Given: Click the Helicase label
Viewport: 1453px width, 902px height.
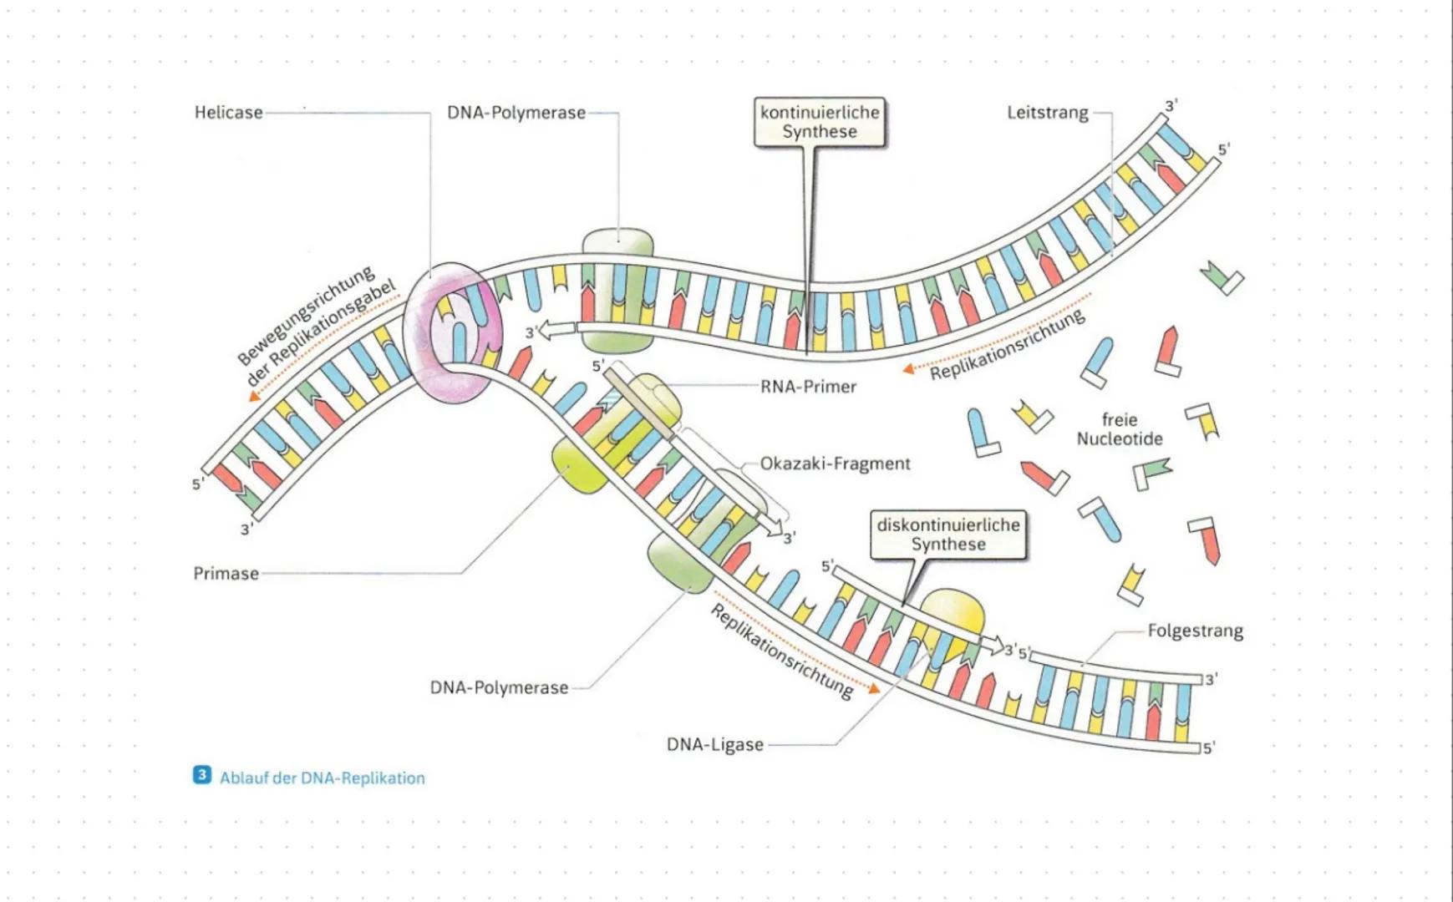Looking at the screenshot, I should click(228, 113).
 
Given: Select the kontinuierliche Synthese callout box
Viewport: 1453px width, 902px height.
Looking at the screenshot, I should click(819, 123).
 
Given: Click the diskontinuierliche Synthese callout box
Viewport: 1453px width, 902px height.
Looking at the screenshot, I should click(947, 535).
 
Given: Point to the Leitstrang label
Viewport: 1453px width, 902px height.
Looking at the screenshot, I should click(1047, 113).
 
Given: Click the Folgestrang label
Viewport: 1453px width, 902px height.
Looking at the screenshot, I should click(1194, 631).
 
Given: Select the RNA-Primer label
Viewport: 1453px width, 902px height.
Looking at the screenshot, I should click(807, 388).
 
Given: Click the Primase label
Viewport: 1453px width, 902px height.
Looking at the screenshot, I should click(226, 574).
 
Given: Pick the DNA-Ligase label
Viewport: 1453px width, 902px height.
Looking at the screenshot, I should click(714, 744).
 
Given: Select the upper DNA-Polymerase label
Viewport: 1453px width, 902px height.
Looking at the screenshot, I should click(516, 113).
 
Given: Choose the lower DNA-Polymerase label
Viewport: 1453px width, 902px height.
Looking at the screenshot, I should click(499, 688).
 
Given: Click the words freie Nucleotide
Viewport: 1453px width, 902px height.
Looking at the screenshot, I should click(1119, 429).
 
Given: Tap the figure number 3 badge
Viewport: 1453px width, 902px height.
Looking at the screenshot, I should click(201, 776).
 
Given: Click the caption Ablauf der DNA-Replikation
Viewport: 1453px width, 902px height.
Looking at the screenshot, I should click(322, 778).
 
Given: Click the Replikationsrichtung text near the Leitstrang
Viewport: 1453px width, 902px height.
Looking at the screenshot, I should click(1007, 345).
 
